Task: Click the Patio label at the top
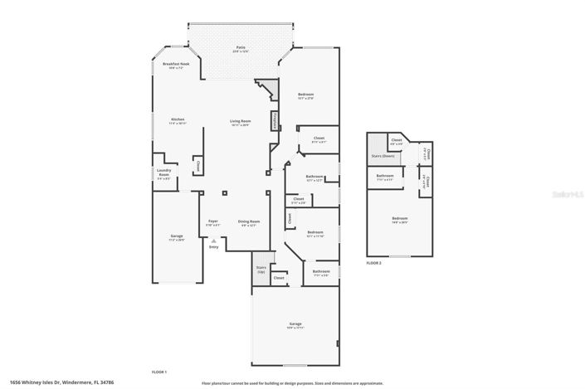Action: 241,49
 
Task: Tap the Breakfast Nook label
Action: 176,66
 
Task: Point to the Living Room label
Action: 241,123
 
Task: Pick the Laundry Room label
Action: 163,174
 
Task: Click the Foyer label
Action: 213,222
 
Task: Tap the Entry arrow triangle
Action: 213,240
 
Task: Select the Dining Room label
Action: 249,222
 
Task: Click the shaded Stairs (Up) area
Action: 261,270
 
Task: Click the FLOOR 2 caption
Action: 374,262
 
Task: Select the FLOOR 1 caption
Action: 159,371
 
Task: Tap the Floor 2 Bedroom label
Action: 401,221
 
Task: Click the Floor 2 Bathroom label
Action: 385,177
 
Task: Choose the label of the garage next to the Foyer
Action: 177,238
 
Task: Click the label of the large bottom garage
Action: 295,325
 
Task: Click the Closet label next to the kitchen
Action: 198,165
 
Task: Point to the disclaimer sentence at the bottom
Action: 292,383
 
